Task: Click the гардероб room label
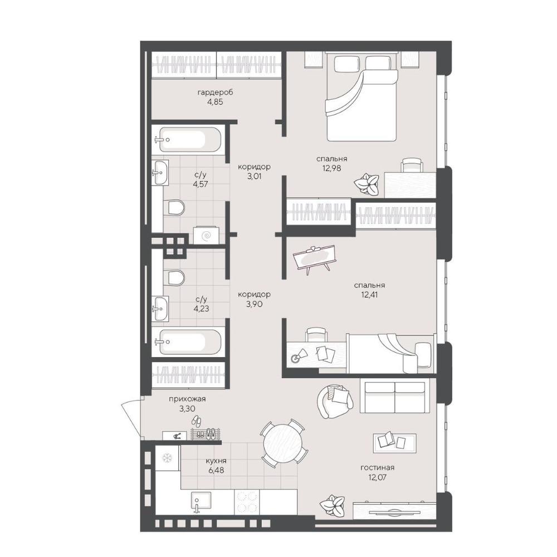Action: pos(215,92)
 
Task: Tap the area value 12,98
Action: pos(331,168)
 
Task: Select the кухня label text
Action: pos(216,461)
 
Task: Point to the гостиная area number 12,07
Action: pos(377,477)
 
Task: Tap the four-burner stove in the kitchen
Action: pos(247,501)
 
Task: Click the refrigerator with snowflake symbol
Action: pos(166,458)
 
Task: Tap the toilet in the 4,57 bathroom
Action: pos(174,207)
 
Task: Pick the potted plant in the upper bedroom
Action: pos(366,183)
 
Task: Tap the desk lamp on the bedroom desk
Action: pos(299,355)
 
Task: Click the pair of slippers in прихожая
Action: pos(197,421)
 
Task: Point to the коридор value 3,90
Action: pos(255,304)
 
